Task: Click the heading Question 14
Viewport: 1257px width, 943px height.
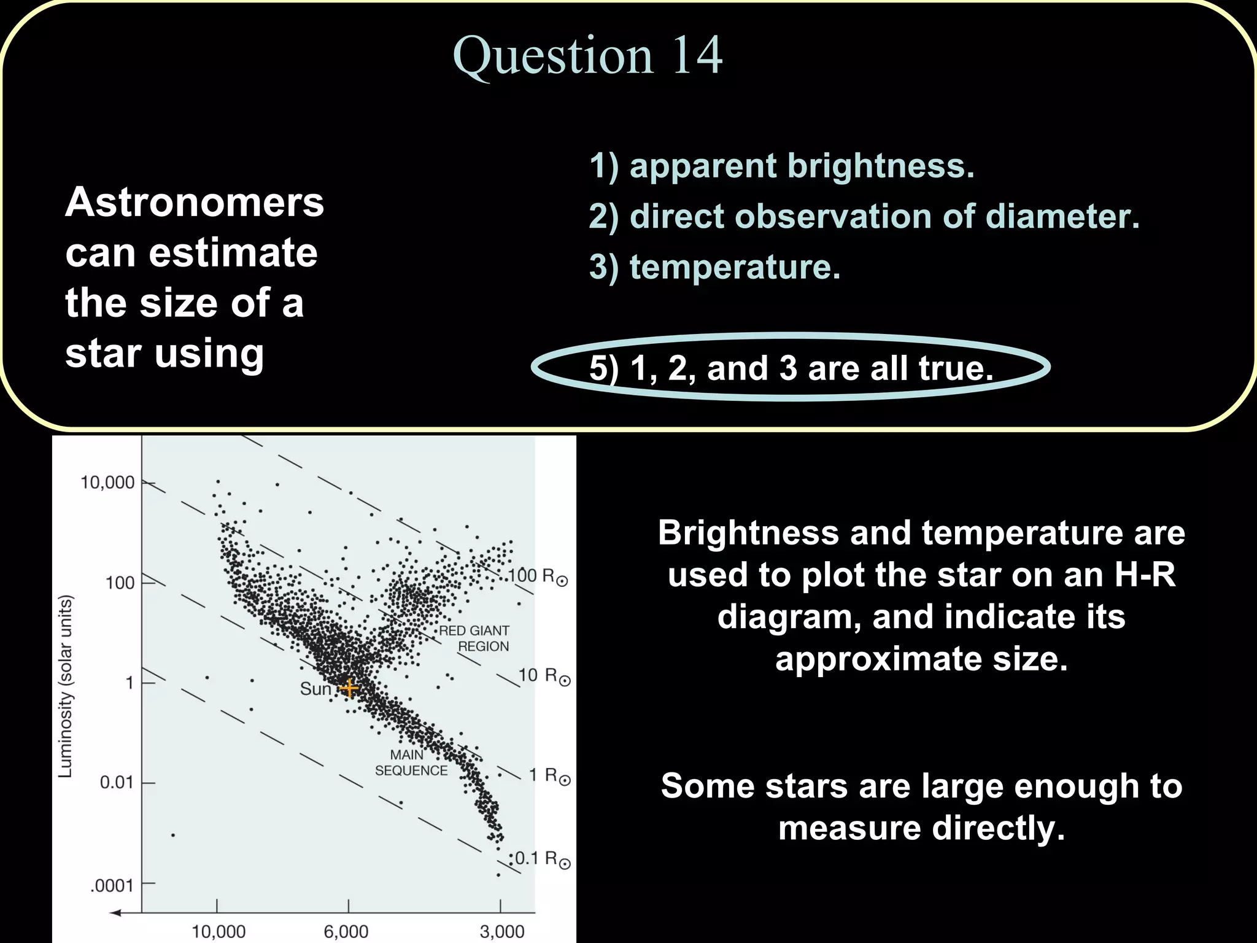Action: pyautogui.click(x=587, y=55)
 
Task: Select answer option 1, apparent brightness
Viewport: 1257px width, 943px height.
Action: pyautogui.click(x=781, y=166)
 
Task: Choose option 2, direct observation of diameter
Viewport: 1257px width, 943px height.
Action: pyautogui.click(x=864, y=216)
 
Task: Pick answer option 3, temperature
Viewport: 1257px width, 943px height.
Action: pyautogui.click(x=714, y=267)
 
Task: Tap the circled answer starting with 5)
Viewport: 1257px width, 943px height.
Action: pyautogui.click(x=791, y=368)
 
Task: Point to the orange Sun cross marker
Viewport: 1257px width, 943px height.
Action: pyautogui.click(x=349, y=688)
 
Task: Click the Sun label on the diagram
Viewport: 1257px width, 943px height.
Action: pyautogui.click(x=315, y=689)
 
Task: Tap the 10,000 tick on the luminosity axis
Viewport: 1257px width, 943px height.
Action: pyautogui.click(x=107, y=483)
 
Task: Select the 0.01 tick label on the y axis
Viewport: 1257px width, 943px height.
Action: pyautogui.click(x=117, y=782)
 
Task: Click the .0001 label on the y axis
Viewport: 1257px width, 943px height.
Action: pyautogui.click(x=112, y=885)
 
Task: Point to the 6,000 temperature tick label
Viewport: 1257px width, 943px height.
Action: pyautogui.click(x=346, y=931)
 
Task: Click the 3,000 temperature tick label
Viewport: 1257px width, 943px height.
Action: pyautogui.click(x=502, y=931)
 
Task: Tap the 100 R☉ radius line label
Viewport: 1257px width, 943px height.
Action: pyautogui.click(x=538, y=576)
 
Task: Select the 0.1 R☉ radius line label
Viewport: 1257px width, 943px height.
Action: pyautogui.click(x=543, y=858)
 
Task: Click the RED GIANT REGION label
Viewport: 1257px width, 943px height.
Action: pyautogui.click(x=474, y=638)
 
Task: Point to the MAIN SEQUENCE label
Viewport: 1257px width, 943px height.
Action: pyautogui.click(x=411, y=763)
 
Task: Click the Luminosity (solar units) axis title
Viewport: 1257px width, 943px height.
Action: pyautogui.click(x=66, y=686)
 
